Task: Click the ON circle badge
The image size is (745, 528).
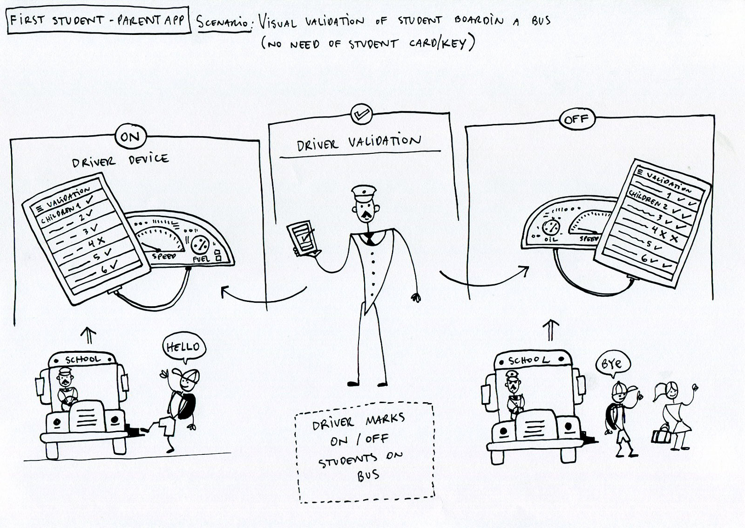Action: [130, 137]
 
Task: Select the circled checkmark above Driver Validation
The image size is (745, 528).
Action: [361, 114]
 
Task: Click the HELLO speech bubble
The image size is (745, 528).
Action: [184, 348]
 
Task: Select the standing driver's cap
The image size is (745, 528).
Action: [364, 193]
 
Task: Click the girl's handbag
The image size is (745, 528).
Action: [661, 434]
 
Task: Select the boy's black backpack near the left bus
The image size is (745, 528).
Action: [184, 406]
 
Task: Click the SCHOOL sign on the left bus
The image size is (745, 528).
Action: [82, 359]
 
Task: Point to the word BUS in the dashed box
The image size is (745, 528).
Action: [368, 476]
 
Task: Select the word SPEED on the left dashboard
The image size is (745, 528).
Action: [163, 256]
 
